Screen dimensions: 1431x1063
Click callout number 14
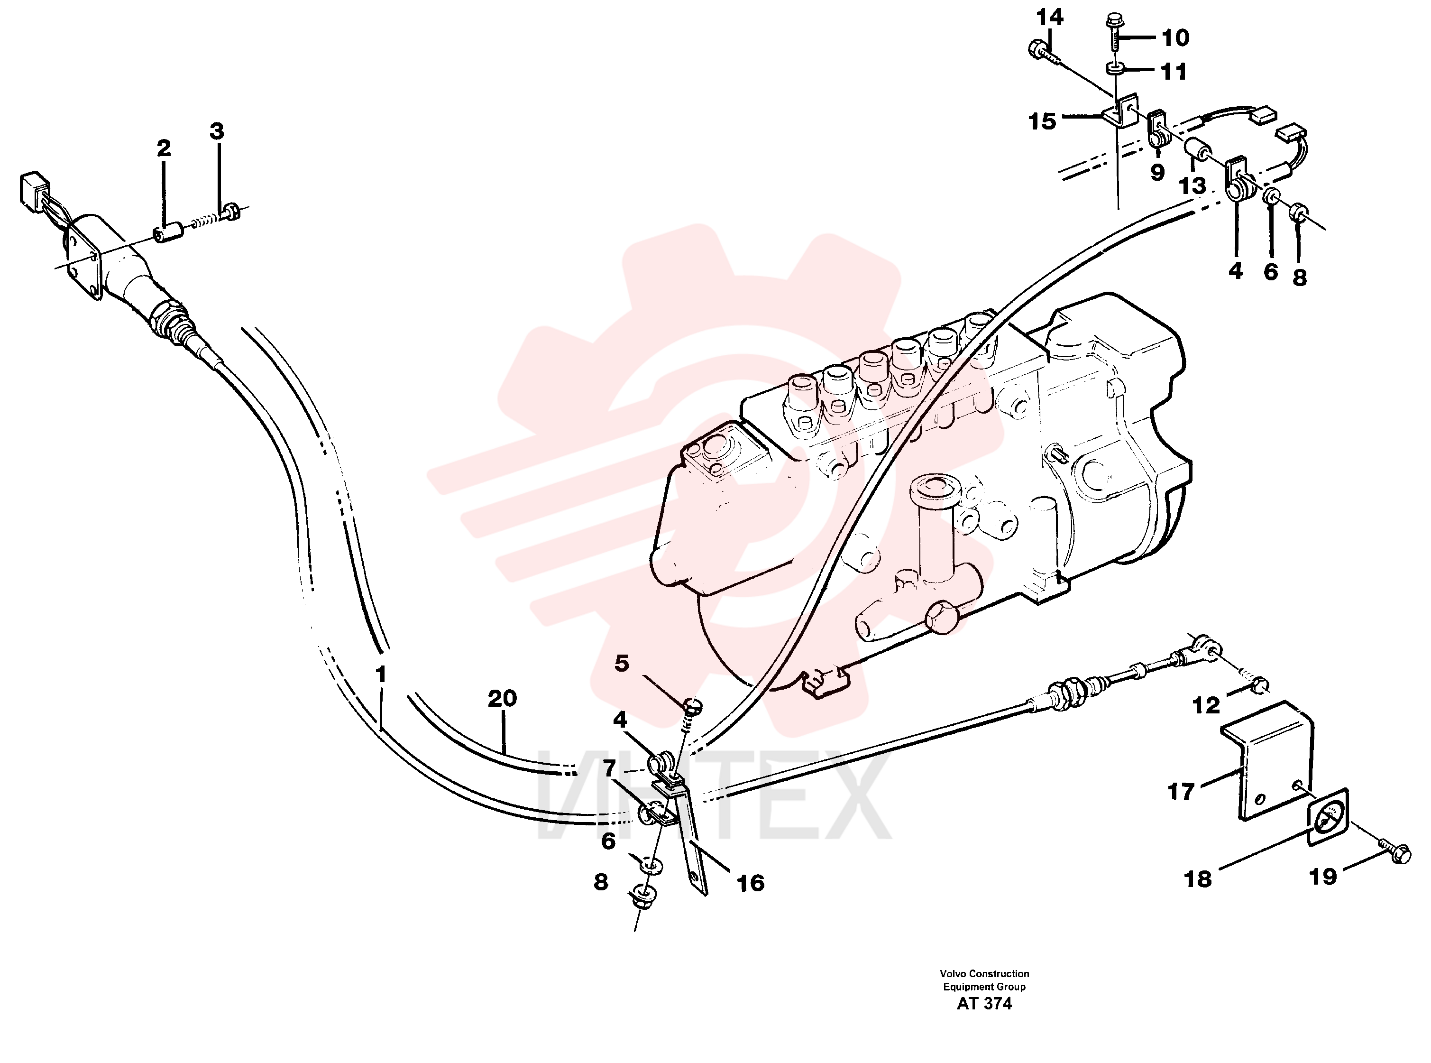(1050, 18)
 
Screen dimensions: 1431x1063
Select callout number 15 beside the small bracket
(1042, 121)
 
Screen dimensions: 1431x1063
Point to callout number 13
(1192, 185)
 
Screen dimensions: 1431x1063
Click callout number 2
(164, 148)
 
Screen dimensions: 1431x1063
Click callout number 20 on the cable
(502, 698)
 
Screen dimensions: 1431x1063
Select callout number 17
(1181, 792)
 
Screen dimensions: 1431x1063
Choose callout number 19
(1323, 877)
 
